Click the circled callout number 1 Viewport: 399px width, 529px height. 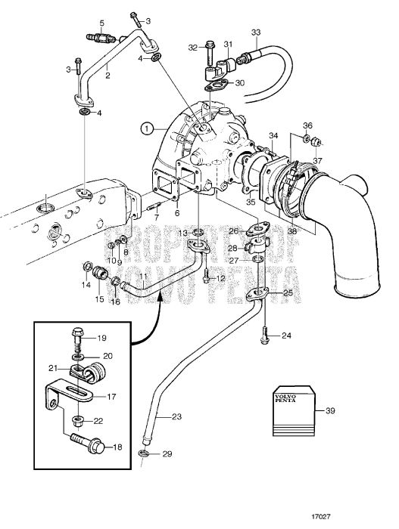coord(146,128)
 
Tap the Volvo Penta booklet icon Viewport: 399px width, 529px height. coord(293,413)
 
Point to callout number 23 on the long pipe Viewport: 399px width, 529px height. coord(176,416)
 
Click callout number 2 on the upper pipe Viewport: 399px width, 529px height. coord(108,76)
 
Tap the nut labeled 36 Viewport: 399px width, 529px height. coord(307,138)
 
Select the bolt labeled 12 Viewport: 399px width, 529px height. coord(206,277)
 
